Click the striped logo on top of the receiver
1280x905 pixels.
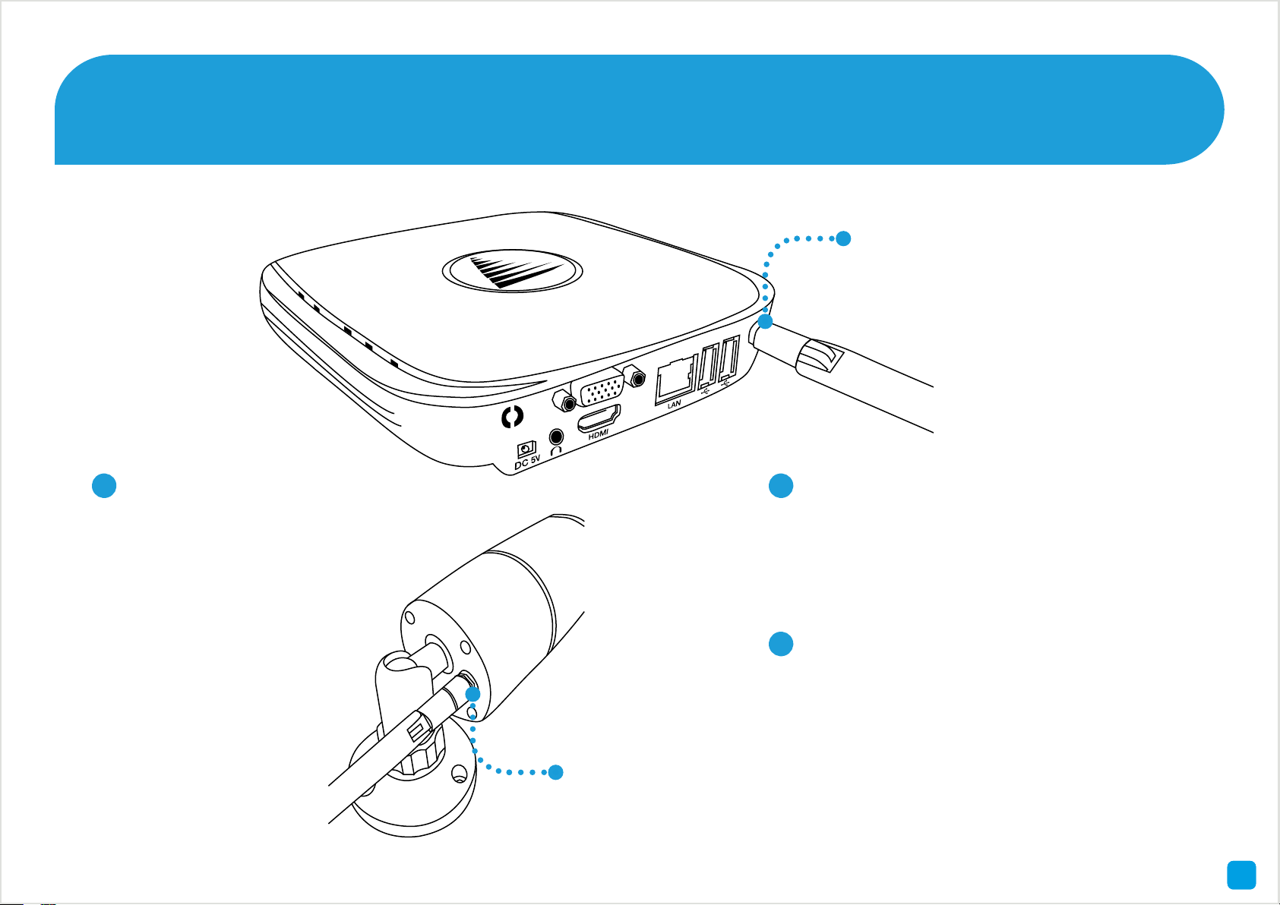click(512, 271)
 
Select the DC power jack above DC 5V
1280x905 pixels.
click(525, 448)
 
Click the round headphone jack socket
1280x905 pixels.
click(557, 437)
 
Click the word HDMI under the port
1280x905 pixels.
click(599, 434)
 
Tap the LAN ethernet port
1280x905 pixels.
click(675, 377)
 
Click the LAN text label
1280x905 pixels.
click(674, 405)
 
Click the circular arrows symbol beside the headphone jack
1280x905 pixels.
click(514, 416)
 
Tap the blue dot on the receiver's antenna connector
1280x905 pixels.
click(766, 322)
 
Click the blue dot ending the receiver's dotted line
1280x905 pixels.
click(842, 238)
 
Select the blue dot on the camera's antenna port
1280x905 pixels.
click(472, 694)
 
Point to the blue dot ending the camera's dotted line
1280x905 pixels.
click(555, 772)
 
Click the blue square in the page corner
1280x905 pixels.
click(1241, 875)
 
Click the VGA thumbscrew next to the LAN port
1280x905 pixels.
click(633, 376)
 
